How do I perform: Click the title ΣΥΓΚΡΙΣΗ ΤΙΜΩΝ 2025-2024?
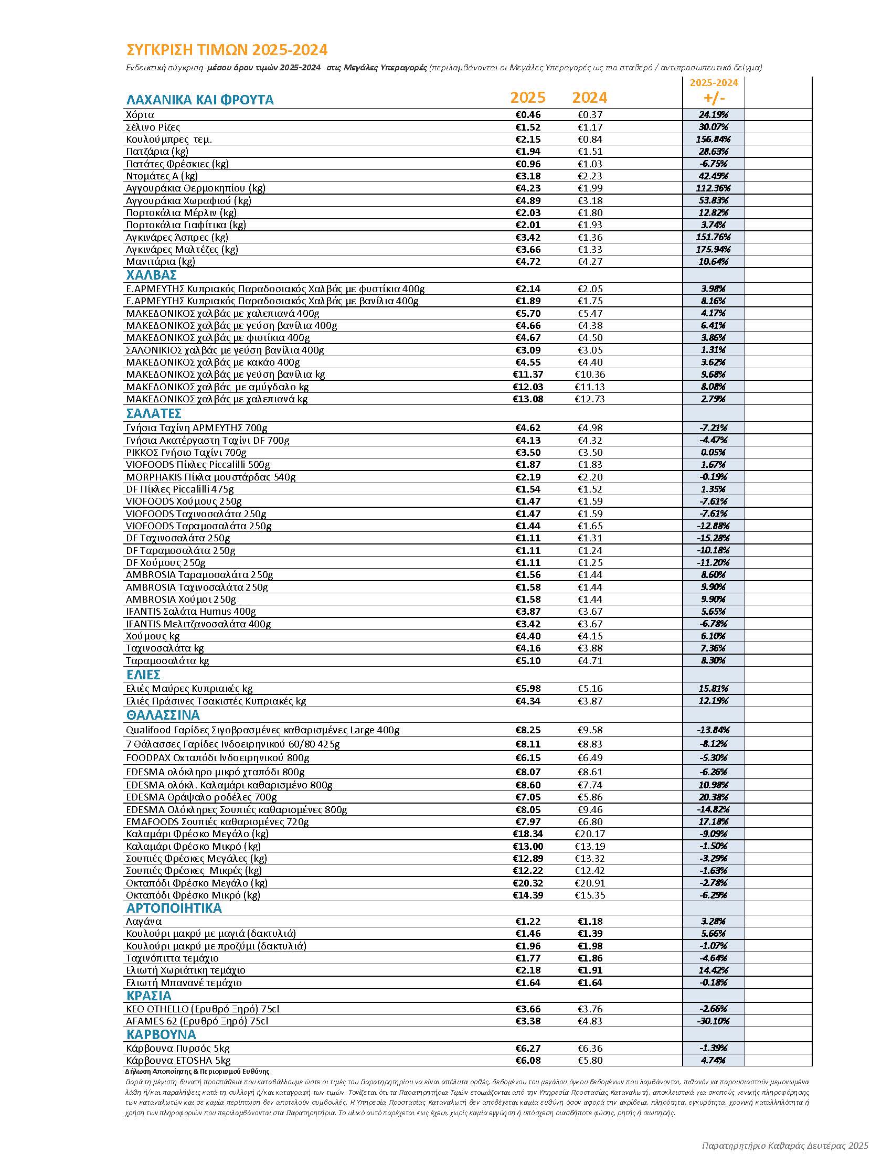(227, 50)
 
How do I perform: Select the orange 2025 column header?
(527, 98)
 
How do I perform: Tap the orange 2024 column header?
(590, 98)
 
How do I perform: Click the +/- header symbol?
(714, 98)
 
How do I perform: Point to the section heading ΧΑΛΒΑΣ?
(151, 275)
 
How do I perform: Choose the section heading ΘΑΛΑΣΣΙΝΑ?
(163, 715)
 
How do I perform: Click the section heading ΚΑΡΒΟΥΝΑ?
(161, 1034)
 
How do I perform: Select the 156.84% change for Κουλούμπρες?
(714, 140)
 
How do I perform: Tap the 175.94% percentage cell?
(714, 249)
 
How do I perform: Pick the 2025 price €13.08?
(528, 399)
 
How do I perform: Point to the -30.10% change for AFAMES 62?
(714, 1021)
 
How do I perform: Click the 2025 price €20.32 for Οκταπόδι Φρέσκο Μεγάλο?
(528, 883)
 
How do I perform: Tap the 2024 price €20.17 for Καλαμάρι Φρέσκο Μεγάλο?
(590, 834)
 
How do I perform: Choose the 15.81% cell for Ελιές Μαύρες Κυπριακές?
(714, 689)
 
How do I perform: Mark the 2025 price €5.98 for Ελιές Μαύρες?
(528, 689)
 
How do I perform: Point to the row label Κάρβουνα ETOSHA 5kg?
(178, 1061)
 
